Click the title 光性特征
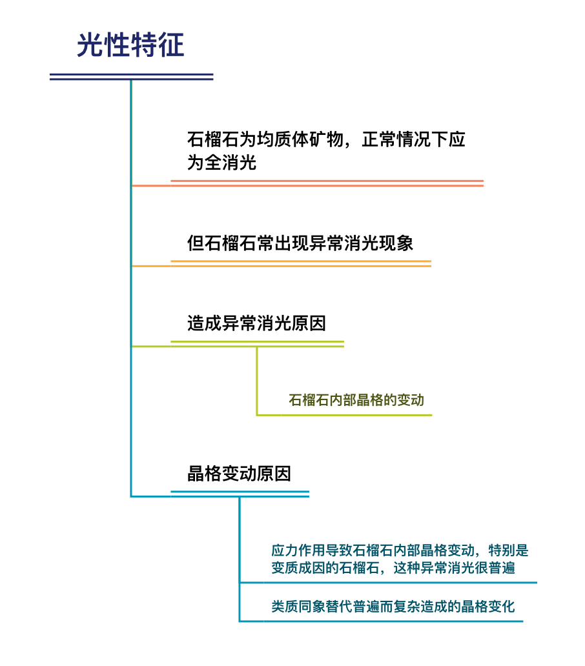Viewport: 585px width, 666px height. point(130,45)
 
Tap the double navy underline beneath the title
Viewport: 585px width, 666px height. point(131,77)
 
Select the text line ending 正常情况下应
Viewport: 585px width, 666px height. point(326,139)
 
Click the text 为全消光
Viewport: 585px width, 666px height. point(221,162)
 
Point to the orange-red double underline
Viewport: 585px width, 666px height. point(327,183)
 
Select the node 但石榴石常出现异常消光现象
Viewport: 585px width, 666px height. point(300,243)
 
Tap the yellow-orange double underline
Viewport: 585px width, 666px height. point(301,264)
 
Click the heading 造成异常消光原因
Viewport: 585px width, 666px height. point(256,323)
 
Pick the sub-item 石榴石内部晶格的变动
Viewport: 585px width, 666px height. point(356,399)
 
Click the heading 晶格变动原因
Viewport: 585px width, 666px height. point(239,474)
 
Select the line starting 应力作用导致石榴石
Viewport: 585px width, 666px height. point(400,550)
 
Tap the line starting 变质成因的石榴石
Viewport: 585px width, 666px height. point(393,567)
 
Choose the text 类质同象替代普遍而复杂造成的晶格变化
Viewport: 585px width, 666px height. point(393,606)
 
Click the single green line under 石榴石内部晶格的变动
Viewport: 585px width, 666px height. point(344,415)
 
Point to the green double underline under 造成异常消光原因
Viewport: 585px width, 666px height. point(258,344)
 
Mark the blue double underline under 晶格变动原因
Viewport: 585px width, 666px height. point(240,494)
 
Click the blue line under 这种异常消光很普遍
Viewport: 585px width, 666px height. point(388,582)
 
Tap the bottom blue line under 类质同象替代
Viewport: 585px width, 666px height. point(381,621)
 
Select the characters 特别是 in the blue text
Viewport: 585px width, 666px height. point(509,550)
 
